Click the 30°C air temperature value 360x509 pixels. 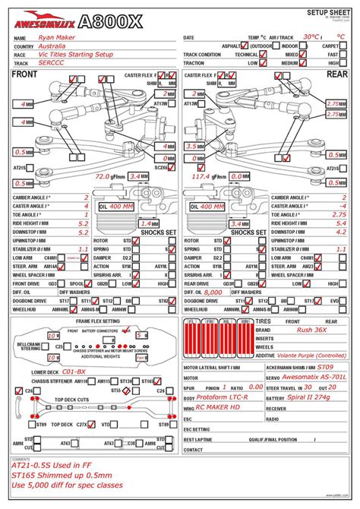point(311,36)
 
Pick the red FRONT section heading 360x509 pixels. point(25,74)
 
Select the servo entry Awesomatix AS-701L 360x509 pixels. point(314,377)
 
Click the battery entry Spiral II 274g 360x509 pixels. point(311,397)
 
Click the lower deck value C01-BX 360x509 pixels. point(74,371)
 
